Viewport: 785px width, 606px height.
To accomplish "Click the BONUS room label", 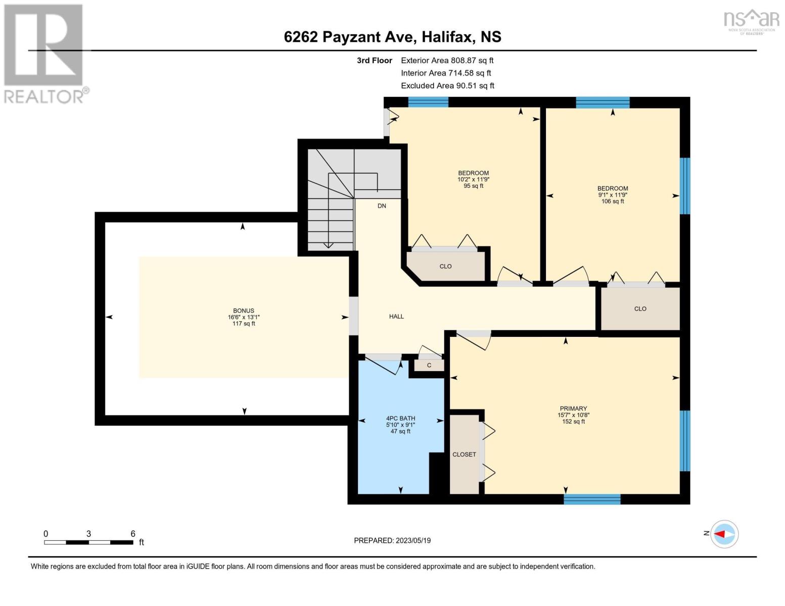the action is [244, 311].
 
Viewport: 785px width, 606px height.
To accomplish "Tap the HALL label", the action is [396, 317].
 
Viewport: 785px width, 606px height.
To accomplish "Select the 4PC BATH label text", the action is [400, 418].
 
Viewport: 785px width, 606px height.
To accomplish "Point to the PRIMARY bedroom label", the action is [573, 409].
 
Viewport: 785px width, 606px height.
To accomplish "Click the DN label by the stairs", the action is [382, 206].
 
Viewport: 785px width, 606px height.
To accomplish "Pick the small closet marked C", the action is [429, 365].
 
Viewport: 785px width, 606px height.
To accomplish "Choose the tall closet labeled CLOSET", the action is [464, 454].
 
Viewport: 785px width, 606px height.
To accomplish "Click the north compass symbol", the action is [724, 534].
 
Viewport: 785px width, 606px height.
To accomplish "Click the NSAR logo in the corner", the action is [752, 22].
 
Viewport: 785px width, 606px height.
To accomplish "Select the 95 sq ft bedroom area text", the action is [473, 186].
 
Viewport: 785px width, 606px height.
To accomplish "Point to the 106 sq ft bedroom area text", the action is [613, 201].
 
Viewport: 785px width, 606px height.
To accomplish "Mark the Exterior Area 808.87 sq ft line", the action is [447, 60].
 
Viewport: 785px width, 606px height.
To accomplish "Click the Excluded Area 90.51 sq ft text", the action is [447, 85].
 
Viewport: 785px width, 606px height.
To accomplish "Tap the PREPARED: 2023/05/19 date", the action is [392, 540].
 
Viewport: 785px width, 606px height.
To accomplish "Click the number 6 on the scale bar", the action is [132, 533].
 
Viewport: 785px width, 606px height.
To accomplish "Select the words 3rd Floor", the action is [374, 60].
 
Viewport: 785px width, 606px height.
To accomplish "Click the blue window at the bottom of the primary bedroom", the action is [592, 499].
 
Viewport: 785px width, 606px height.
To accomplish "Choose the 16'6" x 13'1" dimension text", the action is [244, 317].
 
